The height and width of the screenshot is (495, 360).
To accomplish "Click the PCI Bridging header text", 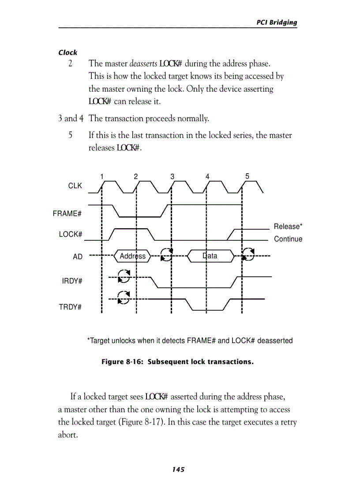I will pos(277,22).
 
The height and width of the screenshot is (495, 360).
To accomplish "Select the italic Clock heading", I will pos(67,52).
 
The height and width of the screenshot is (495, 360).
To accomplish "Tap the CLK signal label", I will pos(75,186).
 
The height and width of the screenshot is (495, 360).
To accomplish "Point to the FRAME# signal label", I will pos(67,214).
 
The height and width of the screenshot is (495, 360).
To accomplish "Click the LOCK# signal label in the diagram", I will pos(71,234).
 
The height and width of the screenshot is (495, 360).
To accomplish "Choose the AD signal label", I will pos(77,257).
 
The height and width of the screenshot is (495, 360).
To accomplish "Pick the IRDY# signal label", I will pos(72,281).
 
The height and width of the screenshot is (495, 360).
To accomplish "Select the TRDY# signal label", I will pos(70,307).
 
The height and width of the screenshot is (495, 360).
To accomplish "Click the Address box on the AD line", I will pos(132,256).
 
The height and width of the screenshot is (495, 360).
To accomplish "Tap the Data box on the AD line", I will pos(210,256).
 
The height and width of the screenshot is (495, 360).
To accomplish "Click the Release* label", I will pos(288,227).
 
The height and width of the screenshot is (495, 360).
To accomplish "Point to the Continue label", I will pos(288,239).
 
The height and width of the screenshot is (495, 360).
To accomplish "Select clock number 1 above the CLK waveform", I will pos(102,176).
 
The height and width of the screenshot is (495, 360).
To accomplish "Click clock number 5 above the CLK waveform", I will pos(247,176).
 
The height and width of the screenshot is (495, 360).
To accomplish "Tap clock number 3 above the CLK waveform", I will pos(172,176).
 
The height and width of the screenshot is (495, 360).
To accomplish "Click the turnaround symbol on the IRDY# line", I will pos(124,276).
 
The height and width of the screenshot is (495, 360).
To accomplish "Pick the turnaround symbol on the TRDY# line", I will pos(124,298).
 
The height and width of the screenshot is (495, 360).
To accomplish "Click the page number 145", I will pos(178,469).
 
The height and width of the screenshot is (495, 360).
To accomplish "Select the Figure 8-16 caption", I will pos(178,362).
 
